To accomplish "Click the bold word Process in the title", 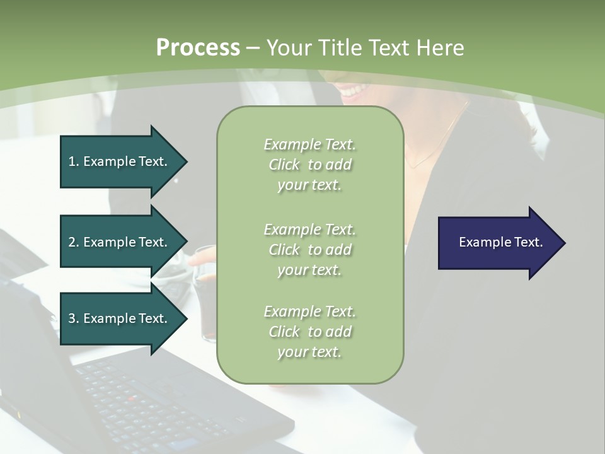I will pos(198,48).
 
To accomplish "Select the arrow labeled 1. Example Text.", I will pos(123,161).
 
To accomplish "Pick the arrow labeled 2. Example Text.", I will pos(123,242).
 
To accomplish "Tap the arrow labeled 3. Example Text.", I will pos(123,318).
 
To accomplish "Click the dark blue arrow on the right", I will pos(501,243).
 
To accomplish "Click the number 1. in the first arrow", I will pos(74,161).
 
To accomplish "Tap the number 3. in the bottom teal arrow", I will pos(74,318).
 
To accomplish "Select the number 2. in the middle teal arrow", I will pos(74,242).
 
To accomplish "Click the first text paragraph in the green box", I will pos(309,165).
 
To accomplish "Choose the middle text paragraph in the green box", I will pos(309,250).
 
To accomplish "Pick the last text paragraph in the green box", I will pos(309,332).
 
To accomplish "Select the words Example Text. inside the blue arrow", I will pos(501,242).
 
